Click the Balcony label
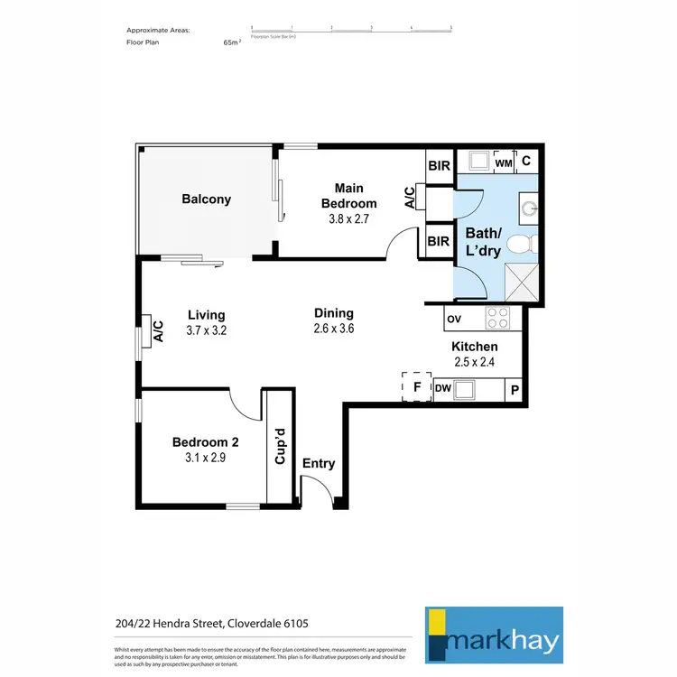click(207, 199)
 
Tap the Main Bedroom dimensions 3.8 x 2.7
click(348, 218)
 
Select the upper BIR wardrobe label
click(439, 166)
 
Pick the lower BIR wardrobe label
click(439, 241)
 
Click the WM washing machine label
click(504, 162)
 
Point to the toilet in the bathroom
click(521, 244)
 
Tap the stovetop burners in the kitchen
click(497, 318)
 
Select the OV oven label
click(454, 319)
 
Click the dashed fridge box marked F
click(416, 386)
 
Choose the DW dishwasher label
click(442, 389)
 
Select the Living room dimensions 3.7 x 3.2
click(206, 330)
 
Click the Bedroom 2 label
click(206, 442)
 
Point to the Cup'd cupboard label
click(281, 446)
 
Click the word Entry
click(319, 463)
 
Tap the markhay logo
click(494, 635)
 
